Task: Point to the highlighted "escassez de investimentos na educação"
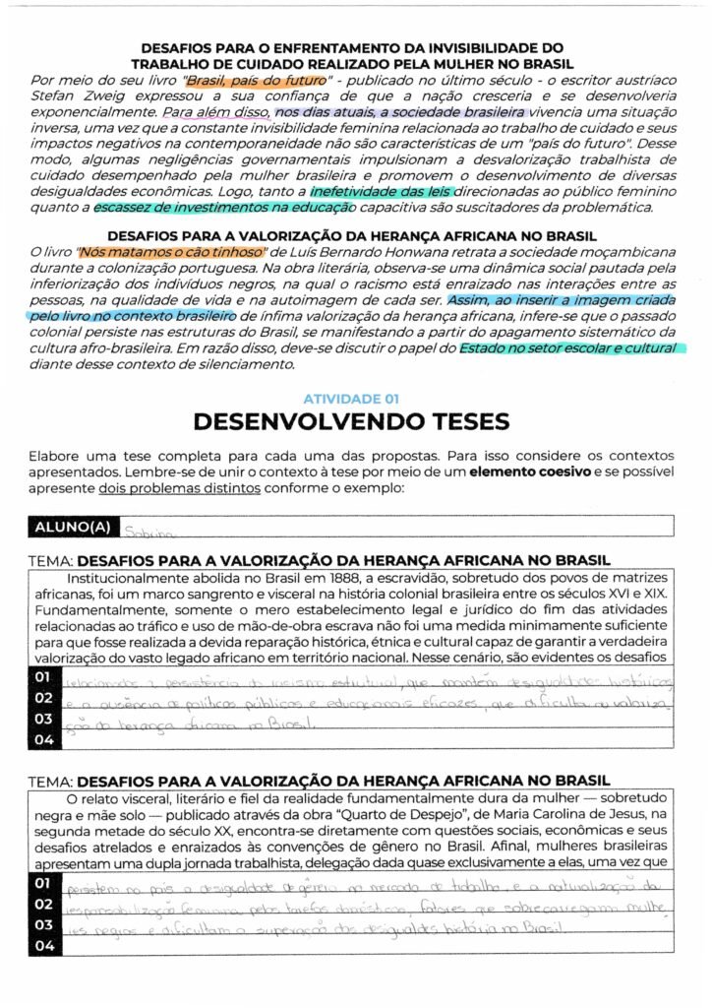click(x=224, y=208)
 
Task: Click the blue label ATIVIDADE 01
click(x=351, y=399)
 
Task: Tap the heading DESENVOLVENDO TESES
click(x=351, y=422)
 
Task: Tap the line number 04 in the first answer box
click(x=41, y=737)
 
